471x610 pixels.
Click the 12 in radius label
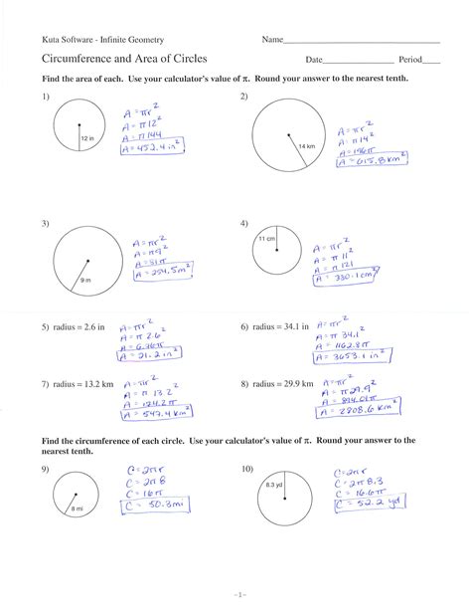click(x=86, y=137)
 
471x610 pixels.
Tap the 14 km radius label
click(x=305, y=147)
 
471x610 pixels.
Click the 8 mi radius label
click(x=78, y=508)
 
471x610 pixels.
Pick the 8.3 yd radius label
click(x=274, y=485)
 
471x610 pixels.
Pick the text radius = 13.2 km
click(x=77, y=384)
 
